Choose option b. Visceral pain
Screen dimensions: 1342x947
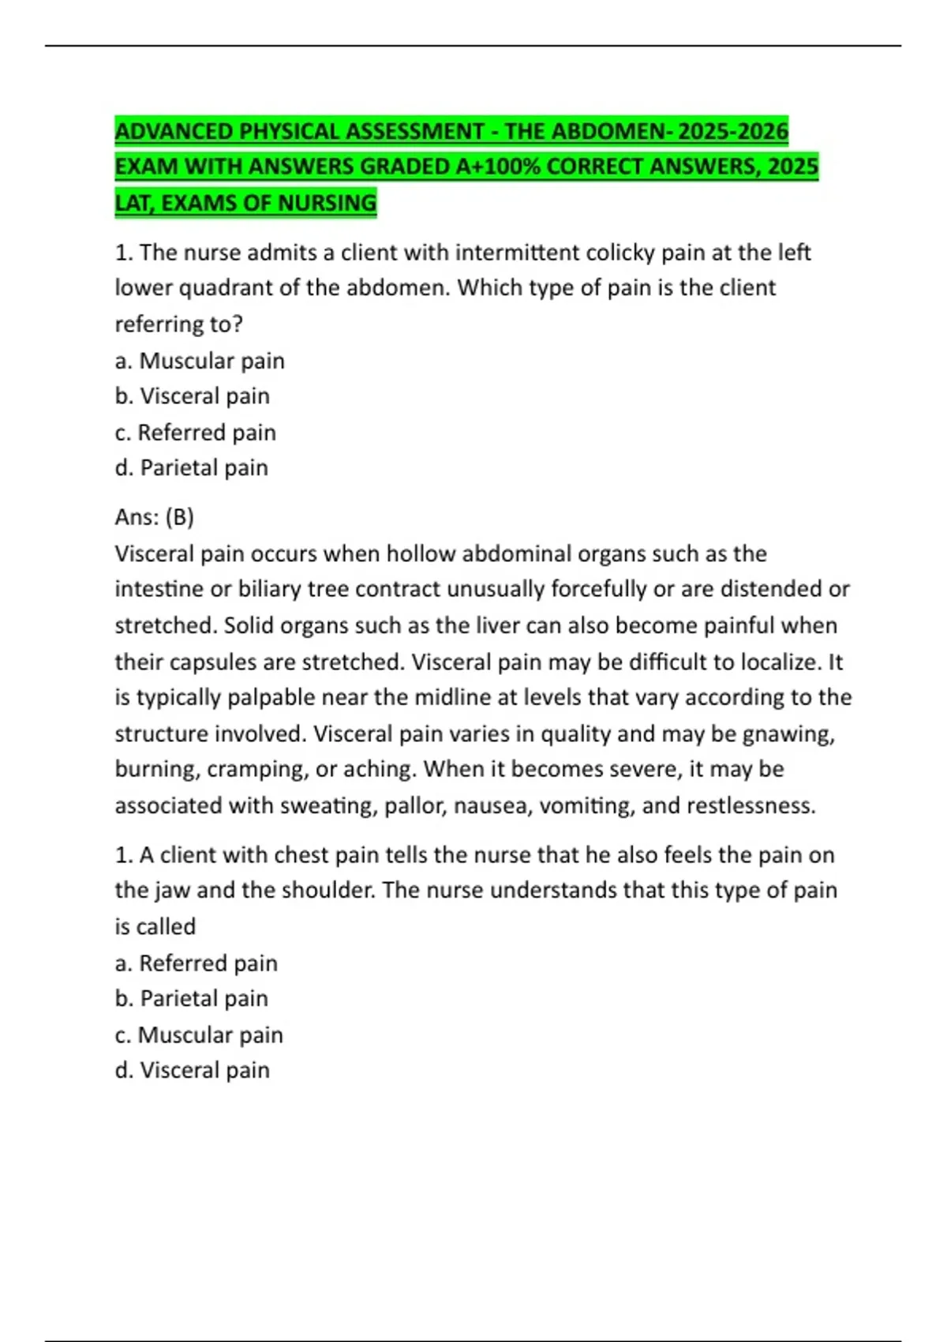pyautogui.click(x=193, y=396)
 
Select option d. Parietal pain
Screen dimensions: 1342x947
pyautogui.click(x=192, y=468)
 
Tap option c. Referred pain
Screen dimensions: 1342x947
pyautogui.click(x=196, y=433)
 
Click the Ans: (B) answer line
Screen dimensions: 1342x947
pyautogui.click(x=155, y=517)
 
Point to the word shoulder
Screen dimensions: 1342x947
pyautogui.click(x=328, y=890)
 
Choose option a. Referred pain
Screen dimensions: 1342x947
pyautogui.click(x=197, y=963)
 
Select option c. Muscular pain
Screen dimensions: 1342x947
pyautogui.click(x=199, y=1035)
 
